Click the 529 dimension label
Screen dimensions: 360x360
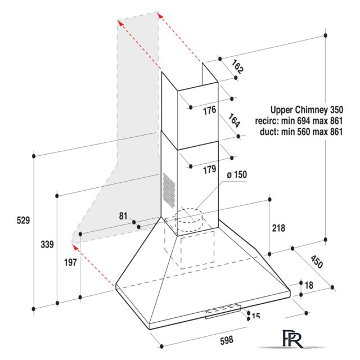[x=23, y=220]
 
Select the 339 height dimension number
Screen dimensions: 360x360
[x=47, y=244]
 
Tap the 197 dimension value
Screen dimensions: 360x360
[x=70, y=263]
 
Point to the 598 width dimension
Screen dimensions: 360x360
[x=227, y=340]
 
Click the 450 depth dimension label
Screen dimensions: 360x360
[x=317, y=262]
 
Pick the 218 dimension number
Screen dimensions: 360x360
[x=278, y=228]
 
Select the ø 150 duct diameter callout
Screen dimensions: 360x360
[x=237, y=175]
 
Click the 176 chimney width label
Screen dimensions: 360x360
[x=210, y=110]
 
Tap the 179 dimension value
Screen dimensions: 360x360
[x=210, y=169]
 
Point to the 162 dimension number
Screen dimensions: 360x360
[x=237, y=67]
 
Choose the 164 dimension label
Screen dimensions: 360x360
[x=234, y=120]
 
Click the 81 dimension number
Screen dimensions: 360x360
[x=123, y=216]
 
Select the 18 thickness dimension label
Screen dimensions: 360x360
[x=309, y=285]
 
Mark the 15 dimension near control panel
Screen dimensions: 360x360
[x=256, y=316]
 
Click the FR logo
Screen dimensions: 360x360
[x=292, y=339]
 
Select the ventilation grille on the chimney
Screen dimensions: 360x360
[x=169, y=190]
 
